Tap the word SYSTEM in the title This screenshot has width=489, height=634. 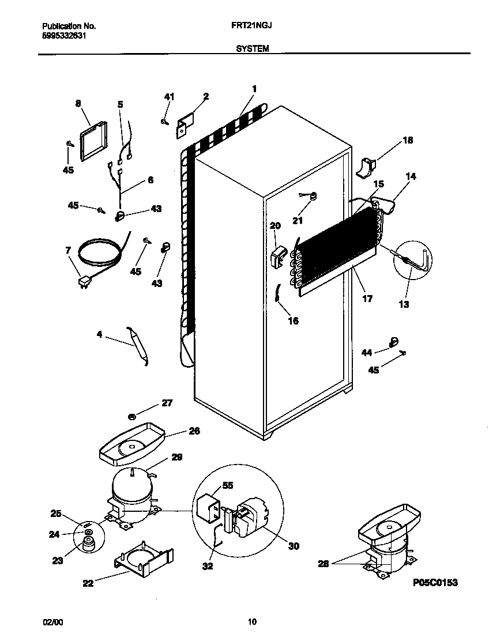(x=252, y=50)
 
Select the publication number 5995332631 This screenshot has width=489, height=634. (x=66, y=35)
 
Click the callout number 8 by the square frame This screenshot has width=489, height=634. (x=78, y=104)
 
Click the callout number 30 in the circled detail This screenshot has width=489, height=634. (x=294, y=546)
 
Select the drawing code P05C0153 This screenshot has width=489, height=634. (x=435, y=583)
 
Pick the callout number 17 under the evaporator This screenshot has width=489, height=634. (x=367, y=299)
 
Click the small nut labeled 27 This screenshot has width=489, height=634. (x=132, y=416)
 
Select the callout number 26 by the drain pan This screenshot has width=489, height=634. (x=194, y=431)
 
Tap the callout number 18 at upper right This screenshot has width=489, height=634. (x=407, y=140)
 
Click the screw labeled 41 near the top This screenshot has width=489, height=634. (x=165, y=120)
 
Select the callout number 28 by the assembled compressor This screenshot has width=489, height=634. (x=323, y=564)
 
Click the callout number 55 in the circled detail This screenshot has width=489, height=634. (x=228, y=486)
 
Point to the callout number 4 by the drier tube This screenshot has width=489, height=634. (x=99, y=334)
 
